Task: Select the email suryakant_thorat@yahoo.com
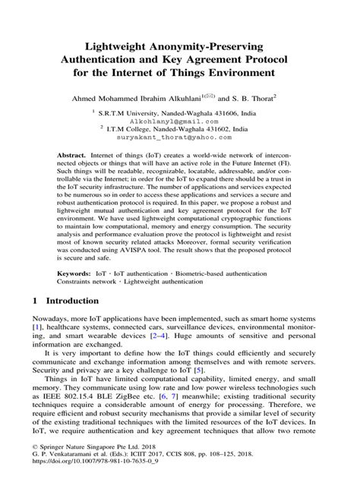(179, 138)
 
